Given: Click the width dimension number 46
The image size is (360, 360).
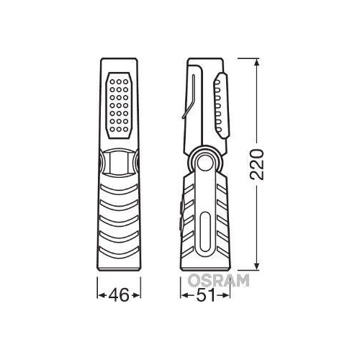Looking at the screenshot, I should [x=119, y=294].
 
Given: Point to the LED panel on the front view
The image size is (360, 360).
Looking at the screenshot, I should [x=119, y=104].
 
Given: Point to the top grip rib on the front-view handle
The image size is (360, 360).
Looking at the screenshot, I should [x=119, y=189].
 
